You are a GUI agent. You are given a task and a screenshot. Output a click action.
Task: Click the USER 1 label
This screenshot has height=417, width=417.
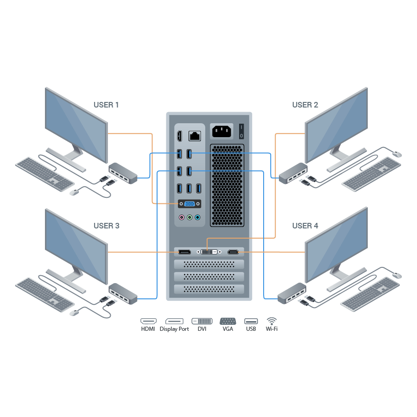[x=106, y=105]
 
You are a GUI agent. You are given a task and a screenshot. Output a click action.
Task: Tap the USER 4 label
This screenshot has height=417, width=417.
[x=305, y=226]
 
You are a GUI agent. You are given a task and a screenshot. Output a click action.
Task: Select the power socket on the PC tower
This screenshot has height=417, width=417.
[x=221, y=131]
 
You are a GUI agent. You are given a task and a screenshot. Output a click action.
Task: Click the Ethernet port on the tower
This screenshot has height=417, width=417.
[x=195, y=136]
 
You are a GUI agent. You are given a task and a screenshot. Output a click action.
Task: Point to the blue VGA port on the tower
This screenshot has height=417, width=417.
[x=190, y=204]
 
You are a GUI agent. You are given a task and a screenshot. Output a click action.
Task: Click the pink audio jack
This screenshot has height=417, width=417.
[x=182, y=218]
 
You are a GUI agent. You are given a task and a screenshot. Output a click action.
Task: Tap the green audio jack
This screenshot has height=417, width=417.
[x=190, y=218]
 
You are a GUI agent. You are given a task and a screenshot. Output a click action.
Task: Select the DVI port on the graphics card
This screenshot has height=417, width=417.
[x=209, y=252]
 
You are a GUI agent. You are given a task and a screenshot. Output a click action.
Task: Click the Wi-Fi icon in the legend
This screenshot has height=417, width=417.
[x=272, y=321]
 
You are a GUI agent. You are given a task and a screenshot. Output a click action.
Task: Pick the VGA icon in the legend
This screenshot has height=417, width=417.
[x=228, y=321]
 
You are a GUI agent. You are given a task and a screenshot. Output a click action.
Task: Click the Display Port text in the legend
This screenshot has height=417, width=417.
[x=174, y=329]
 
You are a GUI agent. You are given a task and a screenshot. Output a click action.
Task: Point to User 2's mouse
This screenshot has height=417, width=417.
[x=397, y=154]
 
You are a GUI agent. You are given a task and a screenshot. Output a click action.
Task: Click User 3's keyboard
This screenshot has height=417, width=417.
[x=44, y=295]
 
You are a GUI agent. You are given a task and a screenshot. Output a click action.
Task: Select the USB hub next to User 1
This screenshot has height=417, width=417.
[x=123, y=173]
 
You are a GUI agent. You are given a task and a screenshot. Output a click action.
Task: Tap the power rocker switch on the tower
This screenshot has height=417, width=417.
[x=241, y=131]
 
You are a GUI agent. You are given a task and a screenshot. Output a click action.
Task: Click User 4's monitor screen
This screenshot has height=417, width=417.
[x=336, y=245]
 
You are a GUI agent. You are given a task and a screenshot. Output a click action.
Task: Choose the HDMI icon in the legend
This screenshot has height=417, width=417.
[x=148, y=321]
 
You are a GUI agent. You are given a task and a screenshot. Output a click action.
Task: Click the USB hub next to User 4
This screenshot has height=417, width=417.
[x=292, y=294]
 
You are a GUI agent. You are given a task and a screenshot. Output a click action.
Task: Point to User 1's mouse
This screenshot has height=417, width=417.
[x=74, y=193]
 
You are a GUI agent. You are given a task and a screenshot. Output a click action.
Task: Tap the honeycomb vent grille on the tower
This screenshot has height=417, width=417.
[x=227, y=186]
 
